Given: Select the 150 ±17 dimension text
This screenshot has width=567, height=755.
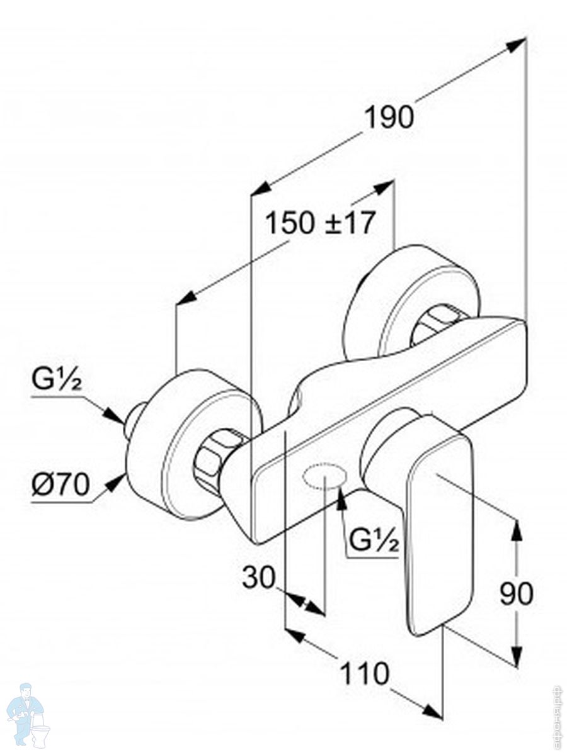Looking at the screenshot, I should (x=320, y=223).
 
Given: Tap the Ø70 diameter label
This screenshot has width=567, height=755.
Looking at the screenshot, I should (x=60, y=486).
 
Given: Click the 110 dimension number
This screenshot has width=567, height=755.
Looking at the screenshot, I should (x=365, y=674).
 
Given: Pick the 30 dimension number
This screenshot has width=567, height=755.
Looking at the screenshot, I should (x=259, y=577).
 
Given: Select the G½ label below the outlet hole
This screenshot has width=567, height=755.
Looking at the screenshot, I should (x=374, y=541).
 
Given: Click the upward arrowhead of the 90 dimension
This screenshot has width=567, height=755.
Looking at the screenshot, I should (x=516, y=530).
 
